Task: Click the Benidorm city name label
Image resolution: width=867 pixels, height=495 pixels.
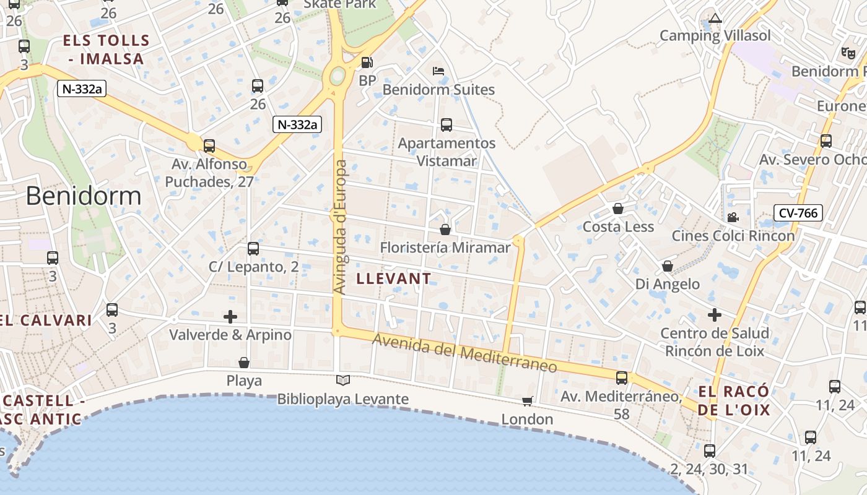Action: point(84,196)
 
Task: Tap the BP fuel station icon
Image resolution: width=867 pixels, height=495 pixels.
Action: point(367,62)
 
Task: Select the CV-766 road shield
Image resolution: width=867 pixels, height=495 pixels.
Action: point(798,213)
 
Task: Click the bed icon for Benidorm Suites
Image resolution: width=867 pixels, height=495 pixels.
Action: point(438,71)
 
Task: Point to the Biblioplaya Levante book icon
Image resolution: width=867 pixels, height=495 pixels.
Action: point(342,380)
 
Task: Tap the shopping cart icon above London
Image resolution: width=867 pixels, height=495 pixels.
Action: point(528,402)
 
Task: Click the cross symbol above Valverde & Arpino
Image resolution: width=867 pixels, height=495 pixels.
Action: point(230,317)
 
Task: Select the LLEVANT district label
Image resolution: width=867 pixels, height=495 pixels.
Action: point(394,278)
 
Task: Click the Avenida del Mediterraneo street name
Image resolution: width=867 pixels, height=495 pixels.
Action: point(464,353)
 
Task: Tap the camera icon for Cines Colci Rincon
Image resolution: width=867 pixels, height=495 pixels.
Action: point(733,218)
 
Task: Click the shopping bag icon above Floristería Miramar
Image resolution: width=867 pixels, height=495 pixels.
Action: point(445,230)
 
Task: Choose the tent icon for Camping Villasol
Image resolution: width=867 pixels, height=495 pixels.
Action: point(716,18)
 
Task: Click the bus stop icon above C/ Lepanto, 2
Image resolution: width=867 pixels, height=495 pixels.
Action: point(253,249)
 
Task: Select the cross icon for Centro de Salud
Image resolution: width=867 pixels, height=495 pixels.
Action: point(715,315)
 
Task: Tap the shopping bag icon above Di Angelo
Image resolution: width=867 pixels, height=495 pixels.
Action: point(668,266)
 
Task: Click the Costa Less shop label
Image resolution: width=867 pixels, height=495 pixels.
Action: point(618,226)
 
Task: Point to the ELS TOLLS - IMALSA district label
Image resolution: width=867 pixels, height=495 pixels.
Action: point(107,49)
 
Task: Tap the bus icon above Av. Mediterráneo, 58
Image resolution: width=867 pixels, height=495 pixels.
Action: point(622,377)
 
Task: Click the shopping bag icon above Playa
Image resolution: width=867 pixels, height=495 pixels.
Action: point(244,362)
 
